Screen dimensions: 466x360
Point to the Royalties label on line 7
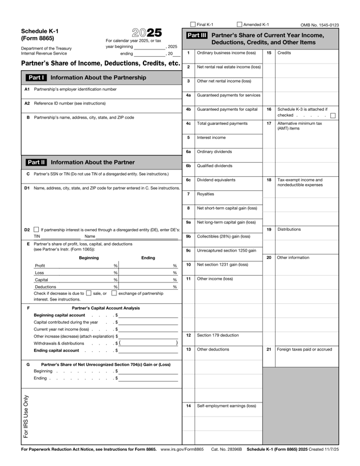pos(206,194)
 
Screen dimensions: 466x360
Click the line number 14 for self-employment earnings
pos(188,405)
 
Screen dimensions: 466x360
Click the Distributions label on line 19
pos(290,230)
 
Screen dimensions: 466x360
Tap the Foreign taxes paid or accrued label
pos(305,349)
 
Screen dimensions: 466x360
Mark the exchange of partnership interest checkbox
pos(114,293)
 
